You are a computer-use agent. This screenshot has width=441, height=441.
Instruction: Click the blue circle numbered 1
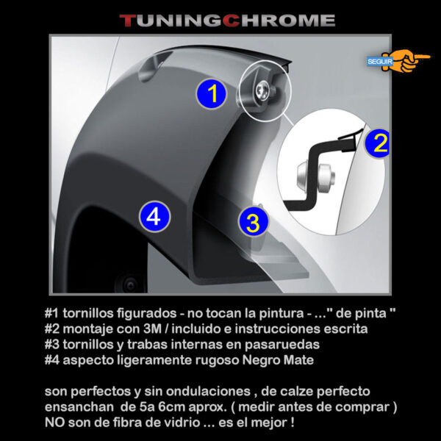pyautogui.click(x=211, y=93)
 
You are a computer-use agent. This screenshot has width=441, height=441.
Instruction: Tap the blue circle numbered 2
pyautogui.click(x=378, y=143)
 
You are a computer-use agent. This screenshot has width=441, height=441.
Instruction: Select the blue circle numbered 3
pyautogui.click(x=253, y=222)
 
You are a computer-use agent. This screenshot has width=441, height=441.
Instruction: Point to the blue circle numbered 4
pyautogui.click(x=154, y=216)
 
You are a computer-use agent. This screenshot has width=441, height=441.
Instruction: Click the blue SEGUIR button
pyautogui.click(x=380, y=62)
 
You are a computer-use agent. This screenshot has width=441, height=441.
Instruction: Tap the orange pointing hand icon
pyautogui.click(x=408, y=60)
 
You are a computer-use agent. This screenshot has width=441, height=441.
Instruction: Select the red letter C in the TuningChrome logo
pyautogui.click(x=232, y=21)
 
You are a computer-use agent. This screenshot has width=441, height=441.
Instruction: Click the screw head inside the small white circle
pyautogui.click(x=262, y=90)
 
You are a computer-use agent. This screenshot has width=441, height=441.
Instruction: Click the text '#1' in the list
pyautogui.click(x=51, y=313)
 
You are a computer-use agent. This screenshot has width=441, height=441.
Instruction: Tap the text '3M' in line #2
pyautogui.click(x=152, y=329)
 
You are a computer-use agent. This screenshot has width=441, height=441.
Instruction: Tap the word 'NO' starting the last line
pyautogui.click(x=54, y=423)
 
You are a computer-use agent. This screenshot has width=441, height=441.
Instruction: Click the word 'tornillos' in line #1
pyautogui.click(x=88, y=313)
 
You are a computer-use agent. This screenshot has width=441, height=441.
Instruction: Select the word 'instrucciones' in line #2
pyautogui.click(x=278, y=329)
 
